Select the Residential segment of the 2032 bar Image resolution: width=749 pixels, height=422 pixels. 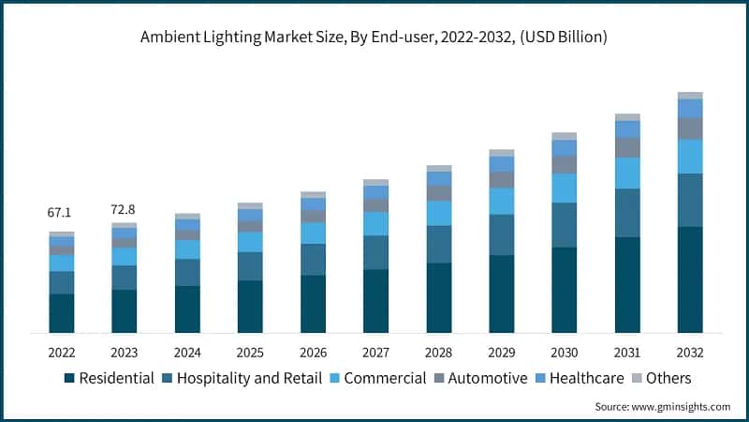point(690,279)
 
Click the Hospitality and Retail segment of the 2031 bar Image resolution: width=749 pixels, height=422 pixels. point(627,213)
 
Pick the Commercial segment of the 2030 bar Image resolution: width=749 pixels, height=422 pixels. point(565,188)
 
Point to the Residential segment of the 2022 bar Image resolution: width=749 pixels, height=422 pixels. point(62,313)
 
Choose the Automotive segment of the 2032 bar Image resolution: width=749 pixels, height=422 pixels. point(690,128)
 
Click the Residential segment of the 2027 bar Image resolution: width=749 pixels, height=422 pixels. point(375,301)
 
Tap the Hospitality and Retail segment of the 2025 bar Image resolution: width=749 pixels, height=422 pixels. point(250,266)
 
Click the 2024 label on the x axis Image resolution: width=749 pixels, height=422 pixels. point(187,352)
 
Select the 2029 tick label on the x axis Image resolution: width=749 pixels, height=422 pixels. point(501,352)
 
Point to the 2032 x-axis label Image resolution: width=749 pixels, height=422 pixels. point(690,352)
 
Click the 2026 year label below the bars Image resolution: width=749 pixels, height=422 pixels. point(313,352)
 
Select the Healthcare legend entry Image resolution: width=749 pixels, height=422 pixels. point(583,379)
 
